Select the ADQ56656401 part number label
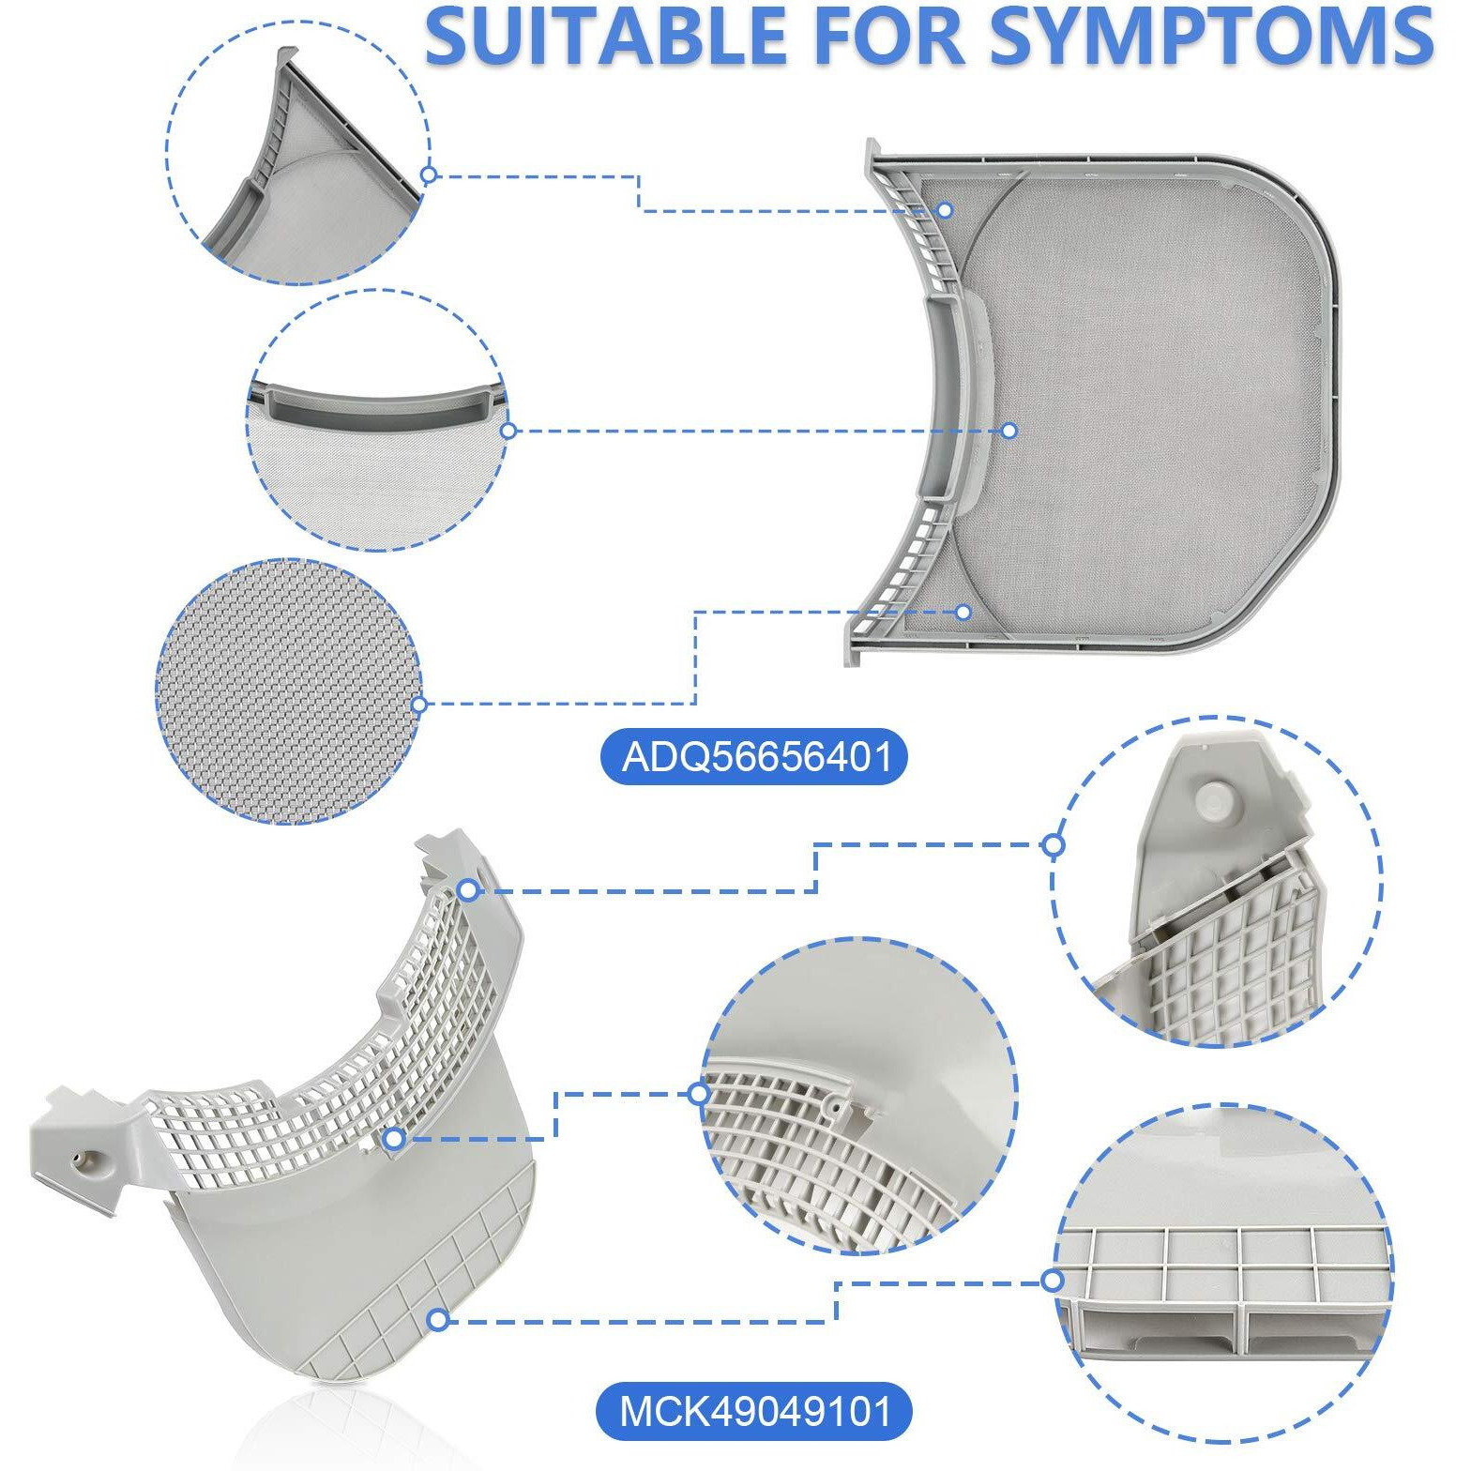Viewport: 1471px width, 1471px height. tap(754, 756)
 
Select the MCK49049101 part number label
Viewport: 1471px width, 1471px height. tap(754, 1411)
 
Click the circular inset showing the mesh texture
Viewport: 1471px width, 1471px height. tap(287, 691)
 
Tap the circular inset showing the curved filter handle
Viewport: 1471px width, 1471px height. tap(377, 420)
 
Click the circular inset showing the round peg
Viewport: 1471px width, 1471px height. tap(1216, 882)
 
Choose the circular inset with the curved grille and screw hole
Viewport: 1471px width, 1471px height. tap(858, 1095)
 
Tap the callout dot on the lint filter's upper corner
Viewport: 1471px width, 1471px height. tap(945, 210)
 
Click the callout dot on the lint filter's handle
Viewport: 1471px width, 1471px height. tap(1009, 431)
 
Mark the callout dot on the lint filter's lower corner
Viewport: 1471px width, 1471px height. tap(963, 612)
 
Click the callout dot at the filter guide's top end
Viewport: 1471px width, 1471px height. tap(468, 889)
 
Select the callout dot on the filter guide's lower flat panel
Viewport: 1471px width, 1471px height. tap(437, 1320)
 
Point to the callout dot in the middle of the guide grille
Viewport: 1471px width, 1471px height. tap(394, 1138)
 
